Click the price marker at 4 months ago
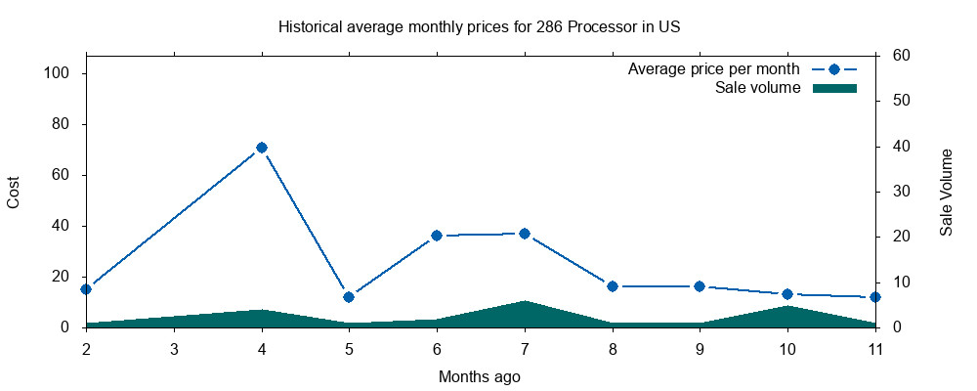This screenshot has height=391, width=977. (x=262, y=148)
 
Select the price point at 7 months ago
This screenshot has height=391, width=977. (x=525, y=234)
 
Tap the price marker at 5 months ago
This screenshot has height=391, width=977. (x=349, y=297)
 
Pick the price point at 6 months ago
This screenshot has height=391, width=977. (x=437, y=236)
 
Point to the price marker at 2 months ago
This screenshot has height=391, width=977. (x=86, y=289)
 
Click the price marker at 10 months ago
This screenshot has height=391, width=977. (x=787, y=294)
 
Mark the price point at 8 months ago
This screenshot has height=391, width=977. (x=613, y=286)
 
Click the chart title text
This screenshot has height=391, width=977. (x=479, y=26)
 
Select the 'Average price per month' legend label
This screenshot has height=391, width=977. (x=714, y=69)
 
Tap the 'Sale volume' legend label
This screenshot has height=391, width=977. (x=758, y=88)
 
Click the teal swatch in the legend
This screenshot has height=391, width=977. (x=834, y=88)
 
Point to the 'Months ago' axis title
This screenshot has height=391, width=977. (x=480, y=376)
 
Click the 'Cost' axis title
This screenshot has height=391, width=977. (x=14, y=193)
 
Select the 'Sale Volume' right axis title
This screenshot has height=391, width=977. (x=946, y=193)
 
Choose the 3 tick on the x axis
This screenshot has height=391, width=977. (x=174, y=349)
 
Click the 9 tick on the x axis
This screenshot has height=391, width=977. (x=700, y=349)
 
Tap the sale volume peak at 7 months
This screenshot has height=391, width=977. (x=525, y=302)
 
